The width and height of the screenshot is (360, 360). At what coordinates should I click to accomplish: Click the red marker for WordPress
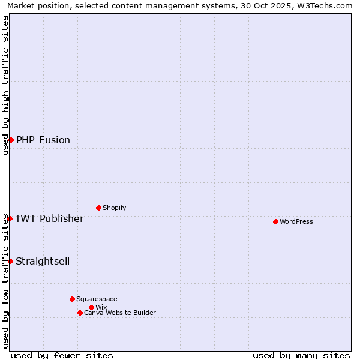point(275,221)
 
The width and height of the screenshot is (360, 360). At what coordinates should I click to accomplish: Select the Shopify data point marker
point(98,208)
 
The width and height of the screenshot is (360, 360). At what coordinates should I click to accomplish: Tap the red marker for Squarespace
point(72,299)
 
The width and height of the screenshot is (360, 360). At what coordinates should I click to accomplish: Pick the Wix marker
point(91,307)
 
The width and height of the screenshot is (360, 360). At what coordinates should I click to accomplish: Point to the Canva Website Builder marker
point(80,313)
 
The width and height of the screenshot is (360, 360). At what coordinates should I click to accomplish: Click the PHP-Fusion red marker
point(11,140)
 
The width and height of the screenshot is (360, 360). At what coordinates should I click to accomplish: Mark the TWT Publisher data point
point(10,218)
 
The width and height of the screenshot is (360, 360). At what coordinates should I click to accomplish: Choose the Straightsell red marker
point(10,261)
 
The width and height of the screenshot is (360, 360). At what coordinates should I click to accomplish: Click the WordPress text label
point(296,221)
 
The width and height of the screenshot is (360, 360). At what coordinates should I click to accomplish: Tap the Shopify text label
point(114,208)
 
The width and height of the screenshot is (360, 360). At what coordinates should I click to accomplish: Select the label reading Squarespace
point(97,299)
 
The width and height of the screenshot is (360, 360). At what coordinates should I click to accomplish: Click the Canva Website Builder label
point(120,313)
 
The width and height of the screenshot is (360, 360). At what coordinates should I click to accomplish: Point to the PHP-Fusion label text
point(43,140)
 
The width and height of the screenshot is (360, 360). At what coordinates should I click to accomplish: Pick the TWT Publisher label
point(49,218)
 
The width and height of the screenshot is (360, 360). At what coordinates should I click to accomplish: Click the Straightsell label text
point(43,261)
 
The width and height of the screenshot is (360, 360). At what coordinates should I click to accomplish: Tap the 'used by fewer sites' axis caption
point(62,355)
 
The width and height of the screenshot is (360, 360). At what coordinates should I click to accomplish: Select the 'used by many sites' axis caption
point(301,355)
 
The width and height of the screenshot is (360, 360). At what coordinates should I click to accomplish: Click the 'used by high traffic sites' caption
point(5,85)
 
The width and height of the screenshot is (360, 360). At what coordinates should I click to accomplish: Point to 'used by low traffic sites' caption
point(5,281)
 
